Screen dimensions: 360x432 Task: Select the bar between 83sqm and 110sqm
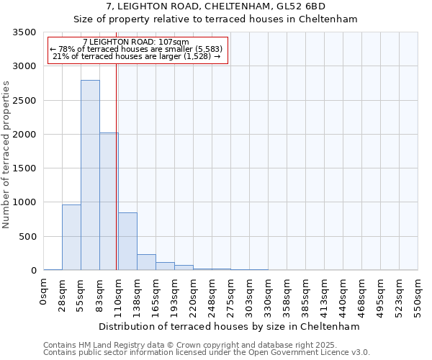(x=109, y=202)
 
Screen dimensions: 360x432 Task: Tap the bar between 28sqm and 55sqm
(x=71, y=238)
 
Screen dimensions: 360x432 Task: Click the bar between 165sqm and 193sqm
(x=165, y=266)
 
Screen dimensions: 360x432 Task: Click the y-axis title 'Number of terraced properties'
(x=6, y=155)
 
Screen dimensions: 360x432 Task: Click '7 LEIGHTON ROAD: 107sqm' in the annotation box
(x=136, y=42)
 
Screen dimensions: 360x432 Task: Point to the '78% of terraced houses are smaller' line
(x=137, y=49)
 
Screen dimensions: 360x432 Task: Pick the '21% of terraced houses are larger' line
(x=137, y=56)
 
